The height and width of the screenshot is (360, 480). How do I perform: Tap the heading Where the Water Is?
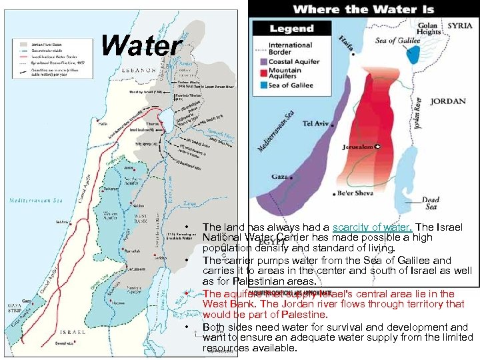tap(363, 9)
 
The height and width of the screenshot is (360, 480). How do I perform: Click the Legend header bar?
tap(291, 29)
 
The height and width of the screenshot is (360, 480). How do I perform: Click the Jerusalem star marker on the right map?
tap(377, 146)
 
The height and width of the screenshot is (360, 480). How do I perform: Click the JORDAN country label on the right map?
tap(447, 102)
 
